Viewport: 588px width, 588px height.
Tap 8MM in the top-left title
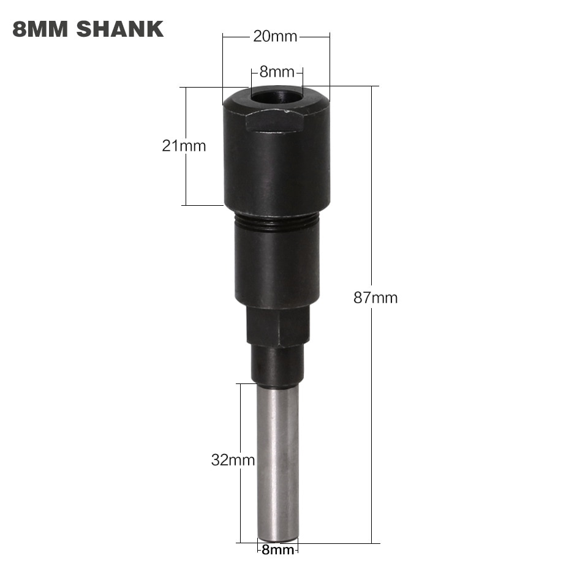coord(39,29)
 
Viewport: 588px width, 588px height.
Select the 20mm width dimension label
coord(275,37)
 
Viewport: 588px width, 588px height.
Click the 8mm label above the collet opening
coord(276,72)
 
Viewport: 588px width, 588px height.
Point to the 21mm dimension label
coord(184,146)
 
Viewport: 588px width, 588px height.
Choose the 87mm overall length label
coord(375,298)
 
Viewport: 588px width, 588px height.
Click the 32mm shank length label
coord(233,460)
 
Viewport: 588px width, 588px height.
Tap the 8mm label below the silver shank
coord(277,550)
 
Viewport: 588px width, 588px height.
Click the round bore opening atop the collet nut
coord(276,97)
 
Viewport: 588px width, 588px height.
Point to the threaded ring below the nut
coord(277,222)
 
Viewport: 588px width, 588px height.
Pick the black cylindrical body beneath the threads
coord(277,266)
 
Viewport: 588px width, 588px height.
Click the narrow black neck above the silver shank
coord(277,366)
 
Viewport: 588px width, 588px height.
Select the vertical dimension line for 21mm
coord(185,178)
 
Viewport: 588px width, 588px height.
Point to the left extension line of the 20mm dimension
coord(223,67)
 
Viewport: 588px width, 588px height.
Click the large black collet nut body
coord(277,165)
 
